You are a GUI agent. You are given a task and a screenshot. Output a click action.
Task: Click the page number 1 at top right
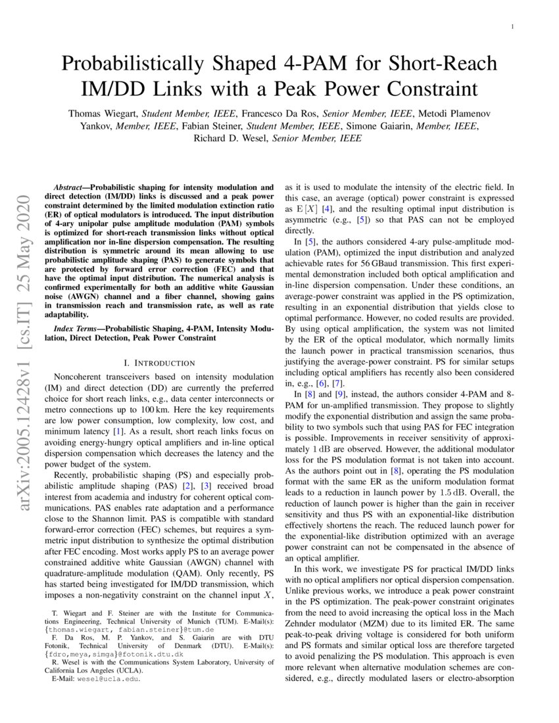(x=512, y=27)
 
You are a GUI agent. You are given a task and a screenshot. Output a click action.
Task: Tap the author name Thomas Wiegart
(x=104, y=114)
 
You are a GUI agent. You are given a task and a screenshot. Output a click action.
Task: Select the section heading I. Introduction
(x=160, y=363)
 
